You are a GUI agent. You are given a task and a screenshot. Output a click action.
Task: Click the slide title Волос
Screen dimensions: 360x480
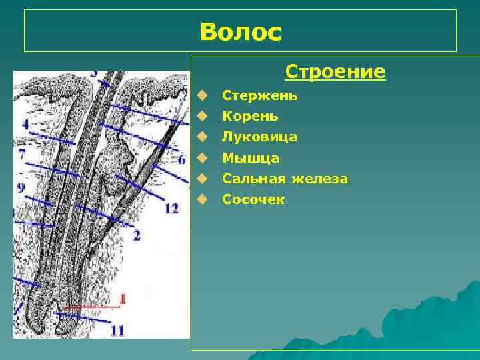[240, 31]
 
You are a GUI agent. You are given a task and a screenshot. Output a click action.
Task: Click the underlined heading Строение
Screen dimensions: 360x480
[335, 71]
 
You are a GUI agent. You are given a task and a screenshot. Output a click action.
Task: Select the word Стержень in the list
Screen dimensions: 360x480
[259, 95]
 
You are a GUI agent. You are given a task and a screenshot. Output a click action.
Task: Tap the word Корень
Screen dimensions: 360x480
[250, 116]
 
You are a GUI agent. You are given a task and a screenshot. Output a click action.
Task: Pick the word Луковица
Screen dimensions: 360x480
[259, 137]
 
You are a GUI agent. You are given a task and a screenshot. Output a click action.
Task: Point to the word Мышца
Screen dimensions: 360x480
[251, 158]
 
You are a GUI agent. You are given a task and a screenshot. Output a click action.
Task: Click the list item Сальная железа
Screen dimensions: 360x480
[285, 179]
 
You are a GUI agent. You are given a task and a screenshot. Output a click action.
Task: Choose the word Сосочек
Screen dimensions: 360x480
[253, 199]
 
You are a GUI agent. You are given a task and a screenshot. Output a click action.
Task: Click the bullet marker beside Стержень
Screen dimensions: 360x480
[208, 95]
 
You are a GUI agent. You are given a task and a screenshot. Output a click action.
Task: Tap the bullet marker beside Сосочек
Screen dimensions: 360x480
[208, 199]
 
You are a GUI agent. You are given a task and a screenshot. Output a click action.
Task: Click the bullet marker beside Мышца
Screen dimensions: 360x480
[208, 158]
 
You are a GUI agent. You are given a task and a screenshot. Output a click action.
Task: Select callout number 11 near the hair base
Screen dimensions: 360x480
[117, 330]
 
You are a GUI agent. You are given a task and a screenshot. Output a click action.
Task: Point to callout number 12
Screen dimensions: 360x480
[171, 209]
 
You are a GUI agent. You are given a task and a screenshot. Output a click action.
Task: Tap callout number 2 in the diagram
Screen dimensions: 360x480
[137, 235]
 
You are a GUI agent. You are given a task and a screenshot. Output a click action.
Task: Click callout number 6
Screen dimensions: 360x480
[181, 159]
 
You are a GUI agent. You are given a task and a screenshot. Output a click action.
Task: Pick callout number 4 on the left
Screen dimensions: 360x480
[25, 125]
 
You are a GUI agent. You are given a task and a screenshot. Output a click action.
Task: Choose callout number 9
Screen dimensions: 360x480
[21, 188]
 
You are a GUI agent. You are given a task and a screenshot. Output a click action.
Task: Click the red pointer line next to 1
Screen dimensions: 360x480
[93, 307]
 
